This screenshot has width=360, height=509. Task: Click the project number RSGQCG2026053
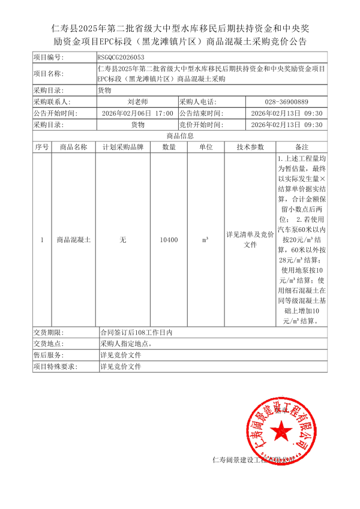coord(121,58)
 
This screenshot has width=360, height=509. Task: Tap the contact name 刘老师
coord(137,102)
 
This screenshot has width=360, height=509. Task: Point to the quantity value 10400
coord(169,240)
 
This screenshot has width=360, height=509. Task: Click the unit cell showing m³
coord(205,240)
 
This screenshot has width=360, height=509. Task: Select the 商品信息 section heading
coord(179,136)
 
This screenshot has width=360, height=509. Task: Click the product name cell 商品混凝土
coord(73,240)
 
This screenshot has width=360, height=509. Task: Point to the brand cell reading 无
coord(123,240)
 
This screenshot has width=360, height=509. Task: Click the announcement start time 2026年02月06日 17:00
coord(137,113)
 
